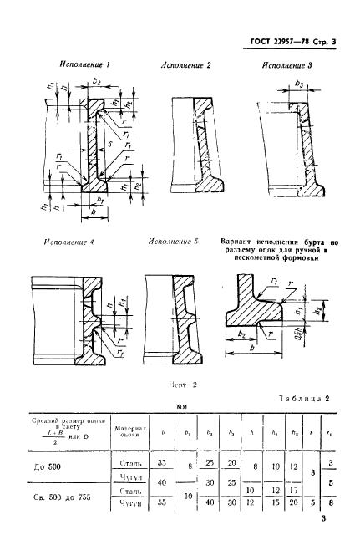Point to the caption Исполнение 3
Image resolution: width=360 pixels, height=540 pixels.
point(287,65)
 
